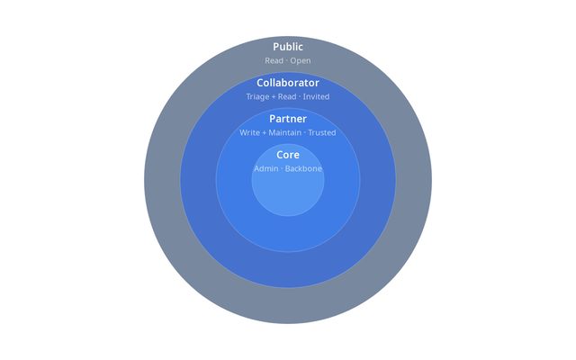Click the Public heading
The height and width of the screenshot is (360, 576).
[288, 47]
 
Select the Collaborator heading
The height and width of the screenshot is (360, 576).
[288, 83]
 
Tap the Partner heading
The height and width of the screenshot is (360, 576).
[288, 119]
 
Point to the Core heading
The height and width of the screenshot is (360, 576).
[288, 155]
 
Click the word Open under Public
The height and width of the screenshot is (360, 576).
[301, 61]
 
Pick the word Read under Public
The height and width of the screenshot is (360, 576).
[274, 61]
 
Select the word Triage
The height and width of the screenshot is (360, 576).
[257, 97]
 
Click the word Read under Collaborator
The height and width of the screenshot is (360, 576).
[287, 97]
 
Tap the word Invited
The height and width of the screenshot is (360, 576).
[317, 97]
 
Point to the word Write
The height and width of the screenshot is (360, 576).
[249, 133]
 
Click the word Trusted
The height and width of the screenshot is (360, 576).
[321, 133]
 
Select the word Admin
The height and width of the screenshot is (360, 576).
[265, 169]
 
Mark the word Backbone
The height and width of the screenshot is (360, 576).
[303, 169]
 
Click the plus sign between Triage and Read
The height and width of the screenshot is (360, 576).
[274, 97]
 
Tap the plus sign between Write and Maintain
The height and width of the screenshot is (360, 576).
[264, 133]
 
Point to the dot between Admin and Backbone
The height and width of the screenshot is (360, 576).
[282, 169]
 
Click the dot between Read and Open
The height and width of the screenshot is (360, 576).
[287, 61]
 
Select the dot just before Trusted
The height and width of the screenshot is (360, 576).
[304, 133]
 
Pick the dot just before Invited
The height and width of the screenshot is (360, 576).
[300, 97]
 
